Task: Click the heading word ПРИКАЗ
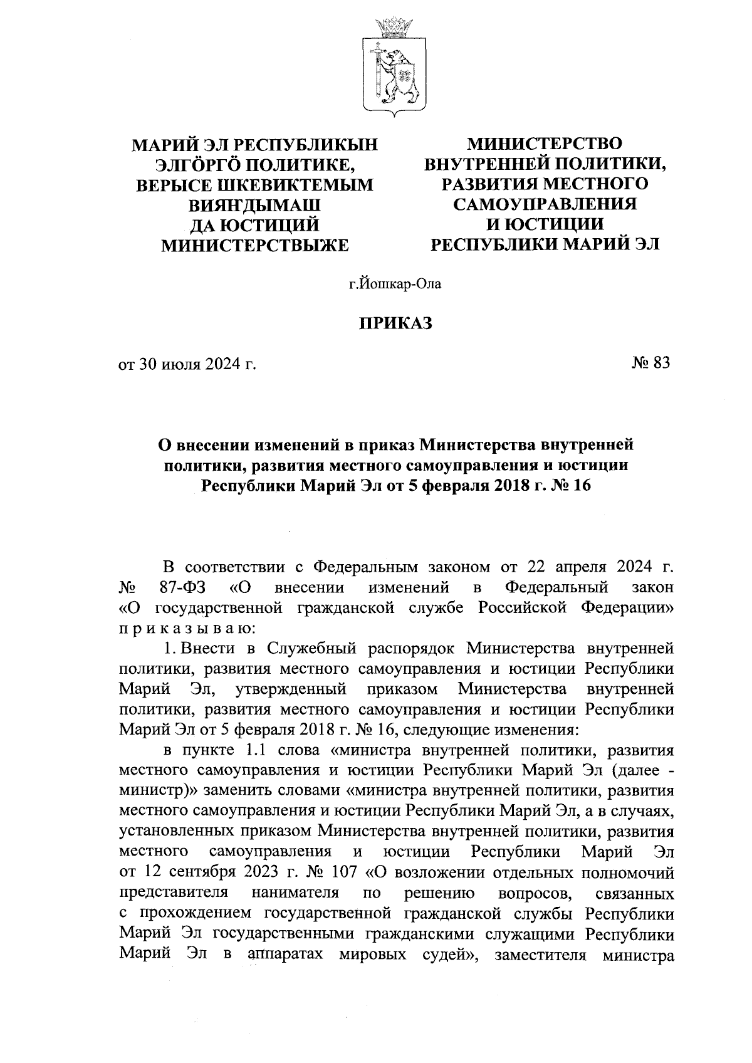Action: pos(395,324)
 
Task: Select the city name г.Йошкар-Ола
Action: pos(395,285)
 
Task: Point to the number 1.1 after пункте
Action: pos(248,751)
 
